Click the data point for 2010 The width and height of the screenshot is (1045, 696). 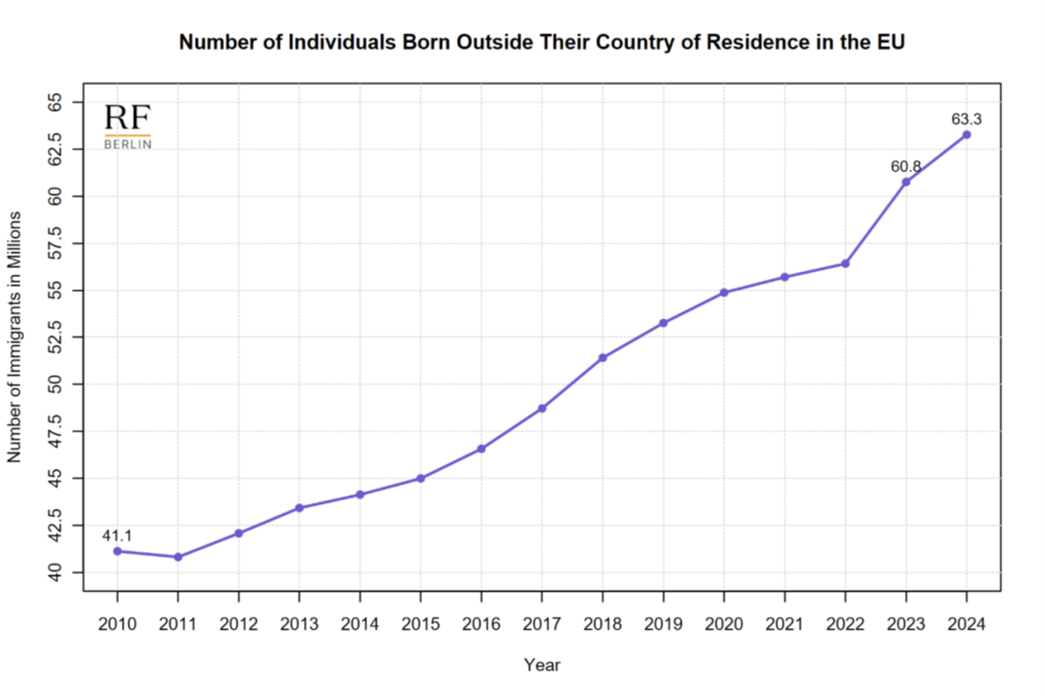coord(117,551)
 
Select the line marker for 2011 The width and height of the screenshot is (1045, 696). coord(178,557)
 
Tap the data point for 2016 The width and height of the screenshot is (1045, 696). coord(481,449)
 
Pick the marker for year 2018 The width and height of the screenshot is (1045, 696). coord(602,358)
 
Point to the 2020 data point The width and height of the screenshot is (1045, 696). coord(724,292)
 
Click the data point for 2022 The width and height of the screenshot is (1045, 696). coord(845,264)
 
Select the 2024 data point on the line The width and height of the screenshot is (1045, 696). coord(967,134)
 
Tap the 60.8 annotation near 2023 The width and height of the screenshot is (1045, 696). coord(905,166)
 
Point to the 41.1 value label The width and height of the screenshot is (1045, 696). coord(117,535)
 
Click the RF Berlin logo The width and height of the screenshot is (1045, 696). coord(128,126)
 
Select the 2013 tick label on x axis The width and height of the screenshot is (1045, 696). coord(299,625)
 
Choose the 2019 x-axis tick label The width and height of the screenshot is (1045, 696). coord(663,625)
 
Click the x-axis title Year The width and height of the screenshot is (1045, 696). coord(541,665)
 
